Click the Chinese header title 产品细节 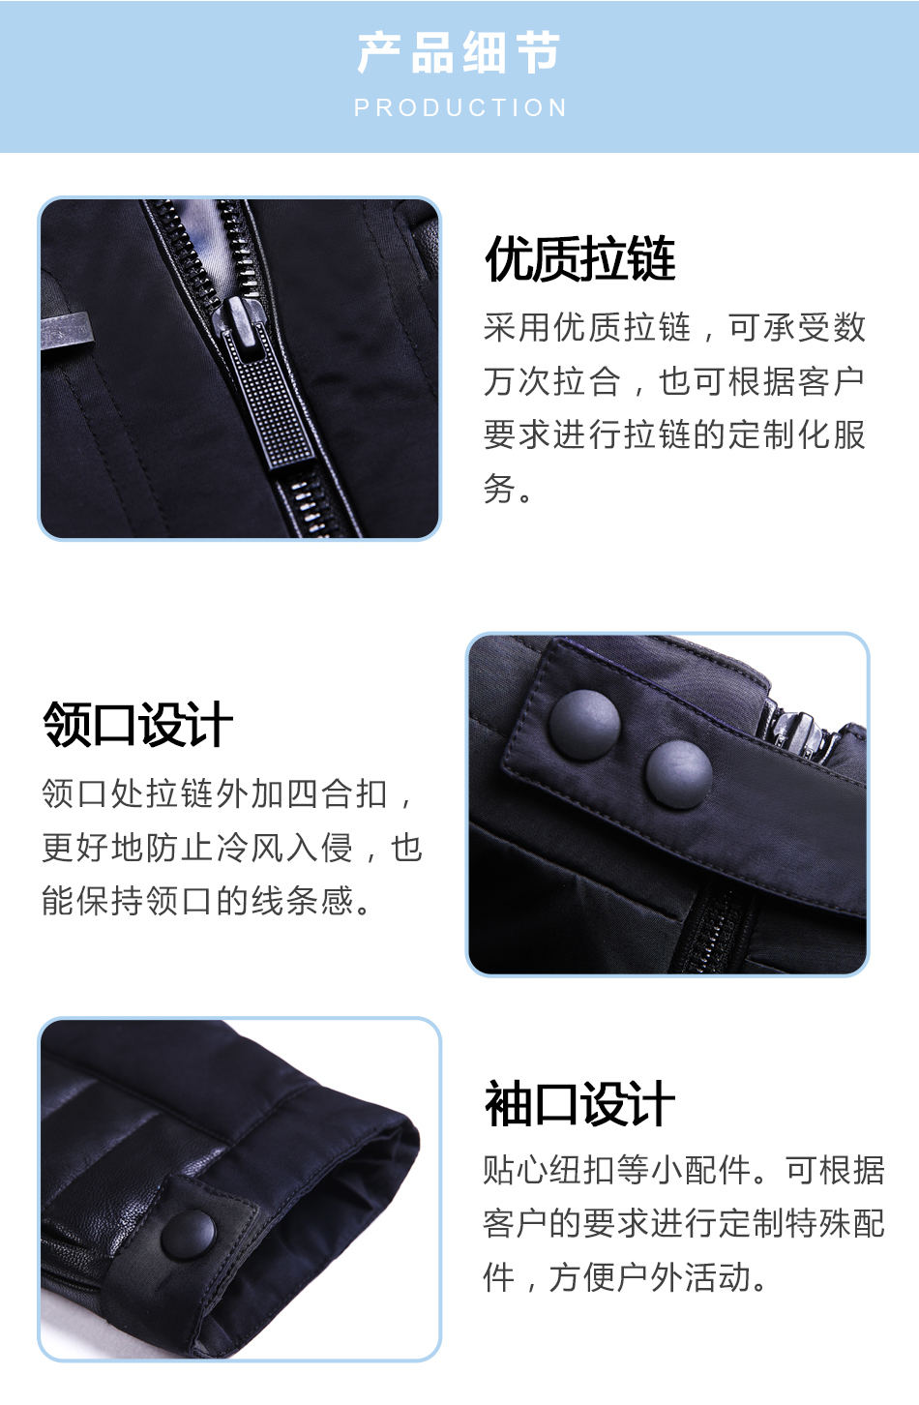(459, 53)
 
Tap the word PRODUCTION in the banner (460, 107)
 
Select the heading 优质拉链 (580, 257)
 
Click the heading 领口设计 (138, 725)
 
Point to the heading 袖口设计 (579, 1104)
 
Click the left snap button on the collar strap (584, 725)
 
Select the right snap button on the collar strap (679, 775)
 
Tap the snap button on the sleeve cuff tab (189, 1235)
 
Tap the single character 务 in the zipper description (498, 488)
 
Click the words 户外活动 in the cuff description (685, 1276)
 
